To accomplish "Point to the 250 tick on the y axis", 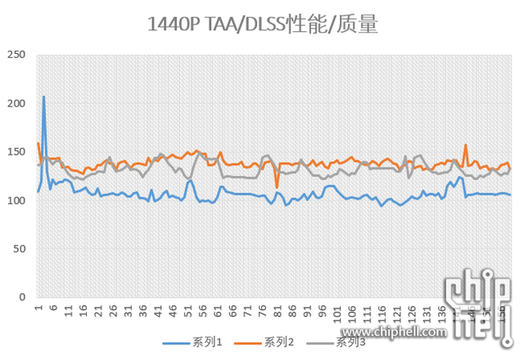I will pyautogui.click(x=16, y=55).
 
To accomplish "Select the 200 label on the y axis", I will pyautogui.click(x=16, y=104).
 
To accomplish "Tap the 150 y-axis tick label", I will pyautogui.click(x=16, y=152).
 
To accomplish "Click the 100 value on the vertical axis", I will pyautogui.click(x=16, y=200).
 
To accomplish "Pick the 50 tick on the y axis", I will pyautogui.click(x=19, y=249).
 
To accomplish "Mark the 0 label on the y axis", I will pyautogui.click(x=22, y=297).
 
